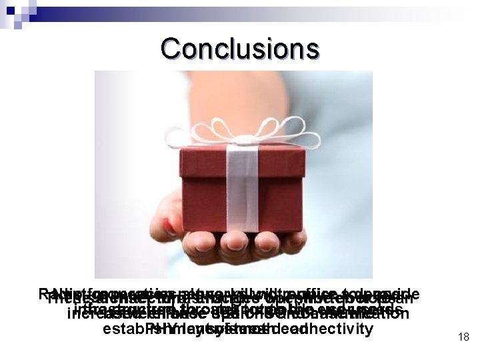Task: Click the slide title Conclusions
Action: [x=239, y=48]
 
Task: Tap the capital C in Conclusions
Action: [x=169, y=48]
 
